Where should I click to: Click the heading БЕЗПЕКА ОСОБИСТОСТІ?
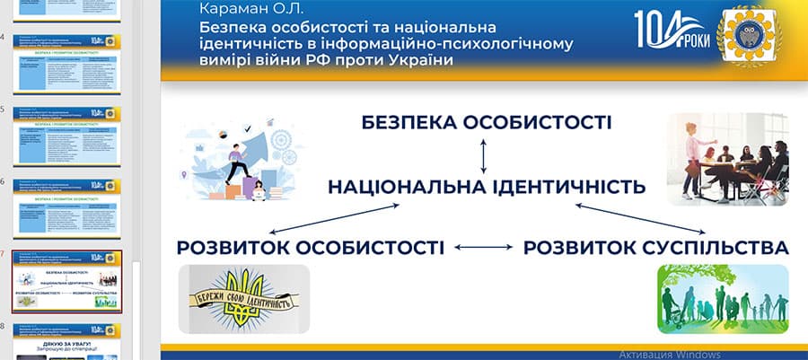click(487, 122)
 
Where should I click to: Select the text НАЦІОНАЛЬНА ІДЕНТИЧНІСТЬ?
click(487, 188)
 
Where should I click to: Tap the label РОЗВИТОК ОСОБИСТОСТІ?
click(310, 247)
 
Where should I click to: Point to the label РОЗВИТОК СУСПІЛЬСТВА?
click(656, 247)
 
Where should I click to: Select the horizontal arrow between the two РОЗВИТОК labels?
click(483, 247)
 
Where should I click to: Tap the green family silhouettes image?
click(723, 299)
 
